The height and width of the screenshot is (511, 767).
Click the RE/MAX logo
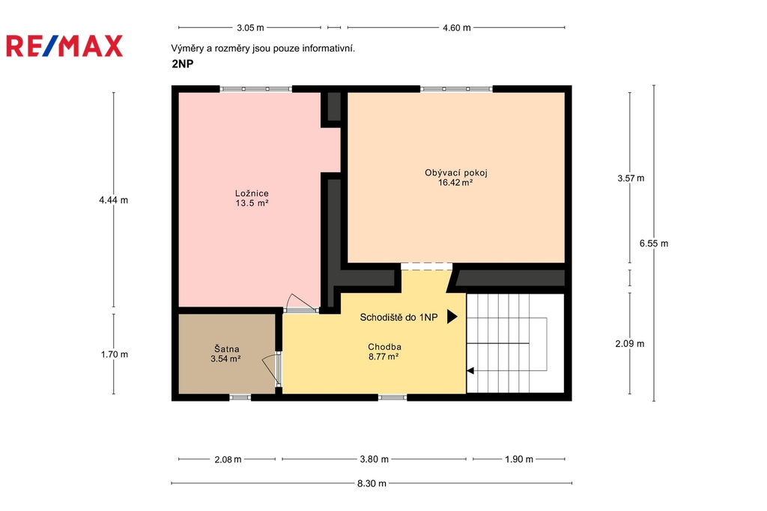click(x=64, y=46)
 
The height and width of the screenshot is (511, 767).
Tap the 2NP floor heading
click(x=183, y=64)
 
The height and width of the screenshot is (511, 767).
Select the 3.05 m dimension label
click(x=250, y=28)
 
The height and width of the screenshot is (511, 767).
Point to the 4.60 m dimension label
click(x=457, y=28)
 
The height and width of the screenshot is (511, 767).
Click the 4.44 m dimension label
click(x=114, y=200)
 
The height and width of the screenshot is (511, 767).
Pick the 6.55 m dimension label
click(x=653, y=244)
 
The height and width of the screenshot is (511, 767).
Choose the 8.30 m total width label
click(x=372, y=483)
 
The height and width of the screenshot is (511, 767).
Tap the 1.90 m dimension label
click(x=519, y=459)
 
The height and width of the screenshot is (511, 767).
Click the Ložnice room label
click(x=252, y=193)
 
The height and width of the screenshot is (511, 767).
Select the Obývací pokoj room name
click(x=456, y=173)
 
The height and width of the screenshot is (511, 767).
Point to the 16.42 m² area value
click(x=455, y=183)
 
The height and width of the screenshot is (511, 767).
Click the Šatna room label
click(x=226, y=349)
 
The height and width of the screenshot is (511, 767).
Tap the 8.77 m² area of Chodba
click(x=383, y=357)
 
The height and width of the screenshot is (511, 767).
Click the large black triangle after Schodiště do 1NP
click(x=452, y=317)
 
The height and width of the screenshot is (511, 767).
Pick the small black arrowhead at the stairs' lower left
click(x=470, y=371)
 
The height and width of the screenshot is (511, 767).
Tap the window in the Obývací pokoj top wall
click(x=456, y=89)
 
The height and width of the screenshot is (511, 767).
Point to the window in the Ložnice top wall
click(x=256, y=89)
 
